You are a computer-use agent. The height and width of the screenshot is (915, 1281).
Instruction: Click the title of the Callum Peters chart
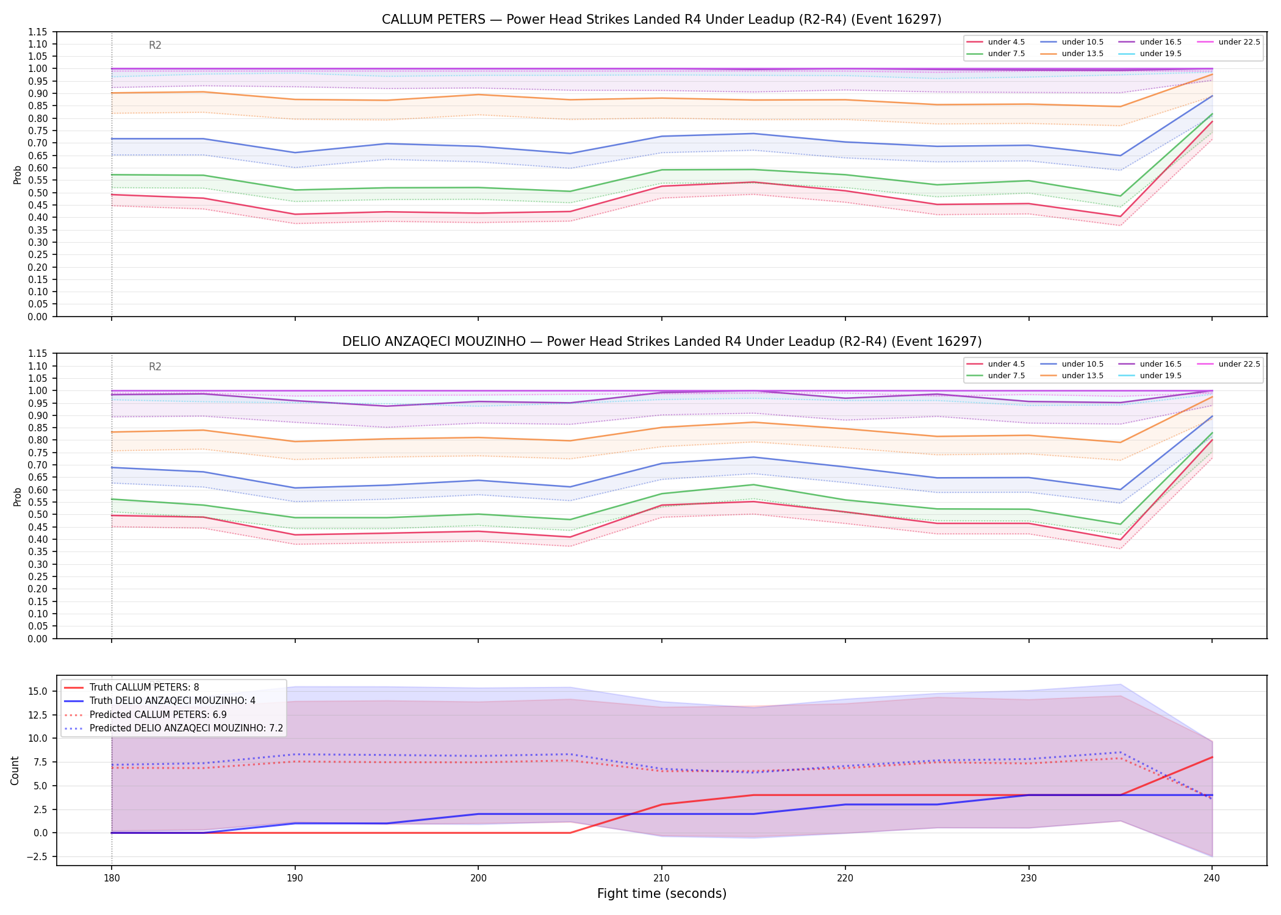[x=661, y=20]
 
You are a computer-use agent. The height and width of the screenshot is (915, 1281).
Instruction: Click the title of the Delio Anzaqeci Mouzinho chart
[x=662, y=342]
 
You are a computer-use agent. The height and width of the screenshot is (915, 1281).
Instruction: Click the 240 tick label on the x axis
[x=1212, y=878]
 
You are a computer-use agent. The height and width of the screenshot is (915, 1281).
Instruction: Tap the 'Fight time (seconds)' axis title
[x=662, y=894]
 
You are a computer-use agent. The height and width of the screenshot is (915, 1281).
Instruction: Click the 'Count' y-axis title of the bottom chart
[x=15, y=770]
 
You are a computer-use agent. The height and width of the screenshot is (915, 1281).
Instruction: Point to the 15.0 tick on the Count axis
[x=40, y=691]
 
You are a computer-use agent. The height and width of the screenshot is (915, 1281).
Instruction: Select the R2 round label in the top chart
[x=155, y=45]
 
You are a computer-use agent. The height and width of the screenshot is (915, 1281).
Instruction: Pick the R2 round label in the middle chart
[x=155, y=367]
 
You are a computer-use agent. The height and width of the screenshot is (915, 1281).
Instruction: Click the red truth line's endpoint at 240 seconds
[x=1212, y=757]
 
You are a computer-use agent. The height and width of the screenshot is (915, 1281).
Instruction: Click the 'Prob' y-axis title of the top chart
[x=18, y=174]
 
